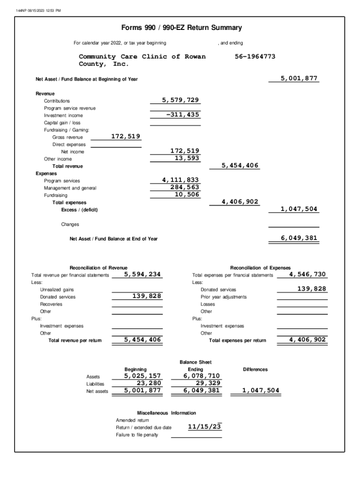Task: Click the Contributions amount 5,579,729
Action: click(x=180, y=100)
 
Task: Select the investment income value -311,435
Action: click(x=183, y=115)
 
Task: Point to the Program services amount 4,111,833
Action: click(x=180, y=180)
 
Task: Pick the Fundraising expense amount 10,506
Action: click(x=187, y=195)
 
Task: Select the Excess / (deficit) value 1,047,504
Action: click(x=299, y=209)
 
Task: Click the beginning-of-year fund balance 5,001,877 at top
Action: click(x=299, y=79)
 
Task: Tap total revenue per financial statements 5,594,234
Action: click(x=143, y=275)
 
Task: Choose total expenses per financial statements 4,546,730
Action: click(x=307, y=275)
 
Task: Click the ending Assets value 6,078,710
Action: click(x=202, y=376)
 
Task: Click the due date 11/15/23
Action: click(x=204, y=427)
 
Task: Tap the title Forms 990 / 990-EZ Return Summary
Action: click(x=181, y=28)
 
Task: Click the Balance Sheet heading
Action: click(x=195, y=362)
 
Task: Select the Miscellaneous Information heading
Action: click(x=166, y=413)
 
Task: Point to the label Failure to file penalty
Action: click(x=137, y=435)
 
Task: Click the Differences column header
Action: click(x=255, y=370)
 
